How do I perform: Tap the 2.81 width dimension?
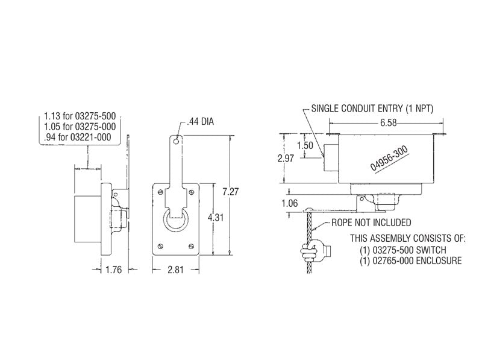coord(177,270)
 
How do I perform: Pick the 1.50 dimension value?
coord(306,145)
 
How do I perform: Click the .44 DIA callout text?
coord(201,121)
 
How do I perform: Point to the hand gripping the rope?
coord(313,248)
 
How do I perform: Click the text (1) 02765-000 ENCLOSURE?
coord(412,261)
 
